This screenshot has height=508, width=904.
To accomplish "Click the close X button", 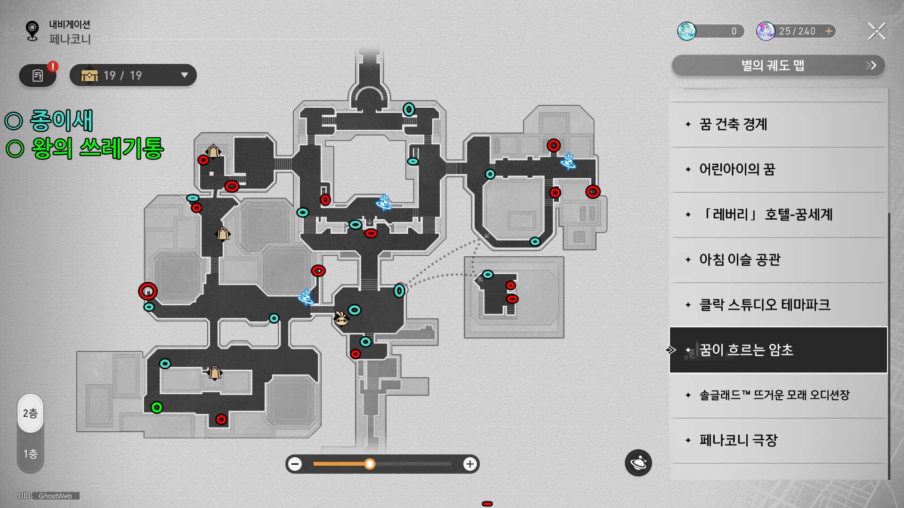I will pos(877,31).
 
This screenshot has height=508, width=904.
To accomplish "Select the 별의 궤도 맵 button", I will pos(778,65).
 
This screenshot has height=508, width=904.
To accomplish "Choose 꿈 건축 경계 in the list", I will pos(733,124).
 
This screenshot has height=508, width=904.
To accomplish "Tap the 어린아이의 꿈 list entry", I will pos(736,169).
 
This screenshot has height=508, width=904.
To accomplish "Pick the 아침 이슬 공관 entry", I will pos(739,260).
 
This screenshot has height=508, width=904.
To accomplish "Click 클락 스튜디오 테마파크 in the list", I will pos(764,305).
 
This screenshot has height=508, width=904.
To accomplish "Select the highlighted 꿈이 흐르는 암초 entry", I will pos(746,350).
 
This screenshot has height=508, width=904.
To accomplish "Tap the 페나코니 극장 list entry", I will pos(738,440).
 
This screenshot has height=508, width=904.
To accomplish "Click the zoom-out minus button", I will pos(295,464).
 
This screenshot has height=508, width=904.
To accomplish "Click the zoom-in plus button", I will pos(469,464).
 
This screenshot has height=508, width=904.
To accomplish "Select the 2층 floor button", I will pos(31,413).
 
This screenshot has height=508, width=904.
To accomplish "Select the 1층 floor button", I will pos(31,454).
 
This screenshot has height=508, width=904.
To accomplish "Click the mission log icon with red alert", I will pos(38,75).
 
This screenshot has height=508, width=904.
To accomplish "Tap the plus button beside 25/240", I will pos(829,31).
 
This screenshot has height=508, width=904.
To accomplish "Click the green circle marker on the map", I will pos(157,407).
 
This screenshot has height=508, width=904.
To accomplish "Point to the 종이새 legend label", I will pos(61,120).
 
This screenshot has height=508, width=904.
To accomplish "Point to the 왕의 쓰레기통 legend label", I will pos(97,148).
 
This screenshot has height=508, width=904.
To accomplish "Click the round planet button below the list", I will pos(638,463).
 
